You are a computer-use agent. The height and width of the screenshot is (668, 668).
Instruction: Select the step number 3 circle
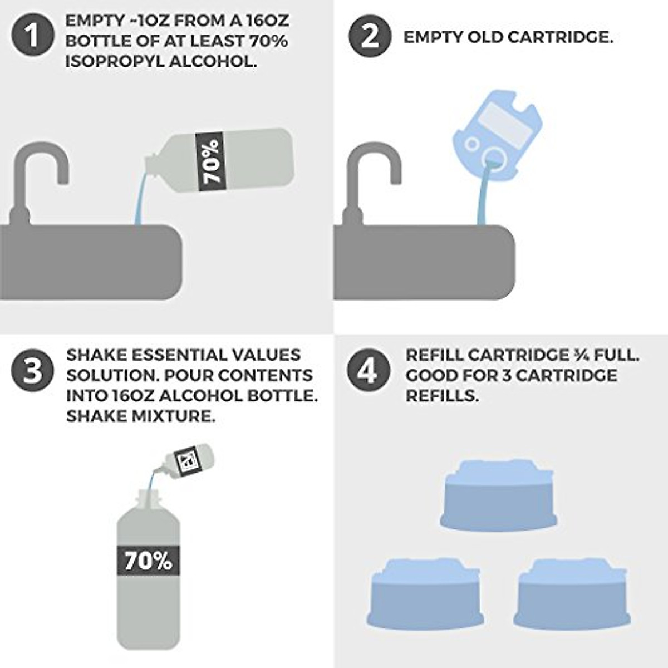tap(33, 370)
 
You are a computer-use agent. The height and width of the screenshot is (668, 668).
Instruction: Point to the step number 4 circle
tap(367, 370)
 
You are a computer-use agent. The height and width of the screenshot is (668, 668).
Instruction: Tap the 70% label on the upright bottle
tap(148, 561)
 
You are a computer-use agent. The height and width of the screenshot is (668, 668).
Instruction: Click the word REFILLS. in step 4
tap(442, 396)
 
